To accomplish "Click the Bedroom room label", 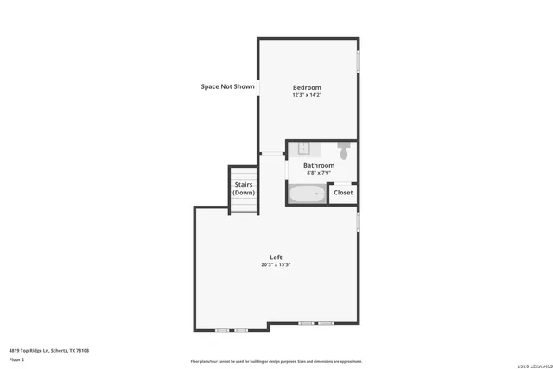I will [307, 87].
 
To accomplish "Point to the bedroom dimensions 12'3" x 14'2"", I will [307, 95].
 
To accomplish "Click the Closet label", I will [343, 193].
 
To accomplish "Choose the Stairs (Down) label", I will [244, 188].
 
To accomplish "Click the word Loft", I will [276, 257].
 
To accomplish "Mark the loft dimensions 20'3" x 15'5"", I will [276, 264].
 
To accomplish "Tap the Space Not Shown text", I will [227, 86].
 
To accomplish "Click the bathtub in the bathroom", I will [307, 194].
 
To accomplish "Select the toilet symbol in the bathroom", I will [344, 151].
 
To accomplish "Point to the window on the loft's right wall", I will [358, 221].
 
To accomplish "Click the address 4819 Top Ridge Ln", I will [49, 350].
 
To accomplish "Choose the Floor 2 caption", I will [16, 359].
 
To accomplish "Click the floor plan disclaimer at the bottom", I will [276, 361].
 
